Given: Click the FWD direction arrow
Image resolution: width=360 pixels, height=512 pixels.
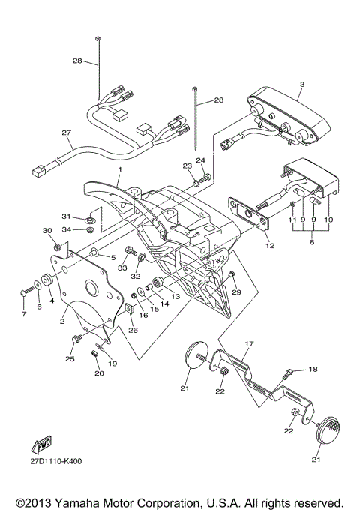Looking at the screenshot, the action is click(x=41, y=444).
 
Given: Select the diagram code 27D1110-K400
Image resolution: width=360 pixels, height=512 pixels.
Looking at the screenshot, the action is click(x=56, y=461).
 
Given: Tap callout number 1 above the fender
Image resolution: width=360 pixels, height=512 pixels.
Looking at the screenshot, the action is click(x=120, y=169).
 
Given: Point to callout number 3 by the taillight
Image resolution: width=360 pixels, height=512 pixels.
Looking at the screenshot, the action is click(x=302, y=84).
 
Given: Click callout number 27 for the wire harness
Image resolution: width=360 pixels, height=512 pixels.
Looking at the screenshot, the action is click(x=67, y=133).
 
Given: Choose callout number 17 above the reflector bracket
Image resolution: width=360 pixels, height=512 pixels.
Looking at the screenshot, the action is click(x=250, y=344).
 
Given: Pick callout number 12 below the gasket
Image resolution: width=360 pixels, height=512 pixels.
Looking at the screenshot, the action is click(x=270, y=246).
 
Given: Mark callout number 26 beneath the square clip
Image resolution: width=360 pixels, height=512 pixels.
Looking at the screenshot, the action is click(x=133, y=330).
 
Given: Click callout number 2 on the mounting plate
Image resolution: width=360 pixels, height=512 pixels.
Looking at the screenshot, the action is click(x=62, y=322).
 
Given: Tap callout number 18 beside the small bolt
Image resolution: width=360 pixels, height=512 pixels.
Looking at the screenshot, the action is click(x=313, y=370).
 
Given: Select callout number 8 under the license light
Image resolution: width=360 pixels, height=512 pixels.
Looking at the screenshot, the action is click(x=312, y=242).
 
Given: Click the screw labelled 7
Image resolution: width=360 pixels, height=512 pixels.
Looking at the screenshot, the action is click(x=27, y=291).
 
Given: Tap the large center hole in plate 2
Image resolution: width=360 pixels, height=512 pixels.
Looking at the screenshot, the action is click(x=91, y=287).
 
